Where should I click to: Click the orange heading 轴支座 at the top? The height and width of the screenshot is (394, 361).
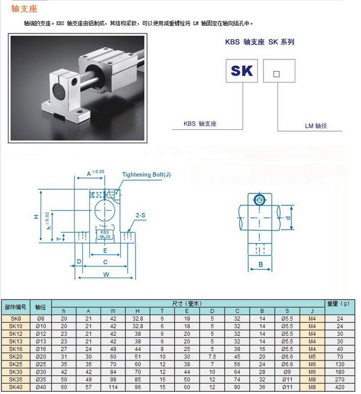[24, 9]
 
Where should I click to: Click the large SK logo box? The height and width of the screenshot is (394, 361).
[242, 71]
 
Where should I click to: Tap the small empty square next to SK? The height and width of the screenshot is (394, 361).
[276, 74]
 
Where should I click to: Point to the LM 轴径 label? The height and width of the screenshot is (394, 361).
[316, 126]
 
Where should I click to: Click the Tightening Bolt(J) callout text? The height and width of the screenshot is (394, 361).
[146, 175]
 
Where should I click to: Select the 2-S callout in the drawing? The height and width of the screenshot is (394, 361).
[141, 216]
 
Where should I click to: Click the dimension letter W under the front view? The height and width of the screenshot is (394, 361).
[106, 274]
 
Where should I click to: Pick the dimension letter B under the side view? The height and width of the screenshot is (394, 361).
[261, 264]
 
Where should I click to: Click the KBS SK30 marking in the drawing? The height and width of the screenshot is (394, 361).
[105, 234]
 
